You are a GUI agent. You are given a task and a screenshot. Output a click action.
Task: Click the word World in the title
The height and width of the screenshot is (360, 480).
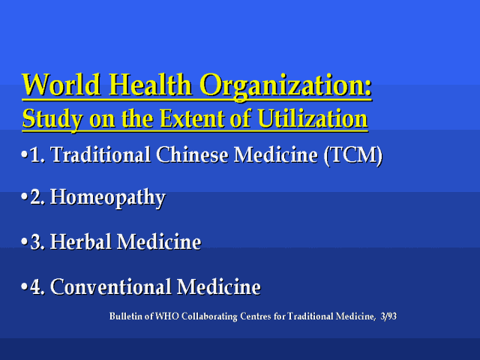pos(61,84)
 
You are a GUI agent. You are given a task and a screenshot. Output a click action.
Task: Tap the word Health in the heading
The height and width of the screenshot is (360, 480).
pos(150,84)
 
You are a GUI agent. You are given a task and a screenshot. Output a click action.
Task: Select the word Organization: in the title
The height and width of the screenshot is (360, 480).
pos(286,86)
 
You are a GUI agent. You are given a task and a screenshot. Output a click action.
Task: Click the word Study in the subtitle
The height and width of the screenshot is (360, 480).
pos(52,119)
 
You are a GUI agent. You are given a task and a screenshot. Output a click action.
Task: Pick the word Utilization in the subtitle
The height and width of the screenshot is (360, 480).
pos(313,118)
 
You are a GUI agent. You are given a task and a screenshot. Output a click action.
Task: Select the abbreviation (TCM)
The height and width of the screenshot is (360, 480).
pos(353,155)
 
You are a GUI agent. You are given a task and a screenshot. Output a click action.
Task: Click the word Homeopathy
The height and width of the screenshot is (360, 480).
pos(108,198)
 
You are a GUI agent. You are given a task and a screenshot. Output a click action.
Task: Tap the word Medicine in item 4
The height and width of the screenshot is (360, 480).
pos(219,286)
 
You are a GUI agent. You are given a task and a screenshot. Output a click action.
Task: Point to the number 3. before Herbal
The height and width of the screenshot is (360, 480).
pos(37,242)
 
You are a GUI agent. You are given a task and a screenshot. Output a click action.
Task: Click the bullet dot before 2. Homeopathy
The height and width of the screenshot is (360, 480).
pos(25,196)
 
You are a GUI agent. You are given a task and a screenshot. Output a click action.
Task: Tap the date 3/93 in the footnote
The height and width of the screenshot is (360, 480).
pos(388,316)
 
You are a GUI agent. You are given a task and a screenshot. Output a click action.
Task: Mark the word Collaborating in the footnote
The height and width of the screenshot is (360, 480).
pos(209,316)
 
